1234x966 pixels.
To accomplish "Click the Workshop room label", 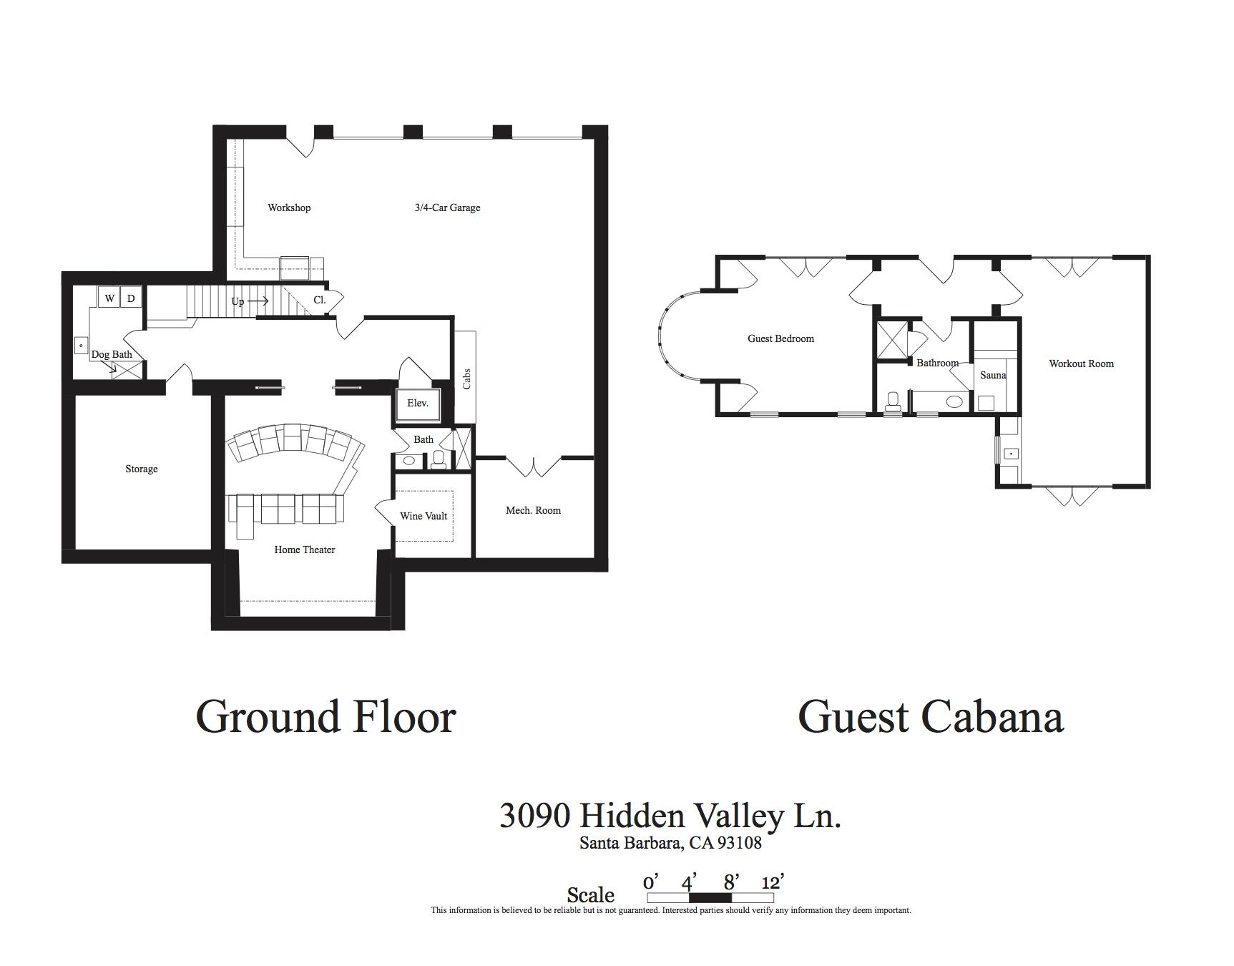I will (x=289, y=208).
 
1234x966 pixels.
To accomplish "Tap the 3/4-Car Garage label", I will (x=447, y=208).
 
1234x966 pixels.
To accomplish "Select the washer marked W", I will (x=109, y=298).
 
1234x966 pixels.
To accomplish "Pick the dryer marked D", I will (x=131, y=298).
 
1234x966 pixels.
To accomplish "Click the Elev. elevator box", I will (x=418, y=404).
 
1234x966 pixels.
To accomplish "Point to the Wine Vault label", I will (x=423, y=516).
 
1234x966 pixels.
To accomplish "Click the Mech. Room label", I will (x=533, y=510).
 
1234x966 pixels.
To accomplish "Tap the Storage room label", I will (x=141, y=469).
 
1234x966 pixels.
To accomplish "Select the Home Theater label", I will (x=305, y=550).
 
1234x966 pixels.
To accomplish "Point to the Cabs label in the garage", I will (x=467, y=379).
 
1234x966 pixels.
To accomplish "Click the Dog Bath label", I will (x=112, y=354).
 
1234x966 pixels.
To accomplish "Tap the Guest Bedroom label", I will (x=780, y=338).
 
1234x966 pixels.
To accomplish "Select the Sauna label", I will (x=993, y=375).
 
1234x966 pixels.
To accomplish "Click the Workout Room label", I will (x=1081, y=364).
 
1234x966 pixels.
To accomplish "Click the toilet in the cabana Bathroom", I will (x=893, y=401).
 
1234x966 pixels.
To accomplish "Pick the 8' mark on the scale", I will (x=729, y=882).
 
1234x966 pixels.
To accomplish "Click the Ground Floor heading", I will (x=325, y=717).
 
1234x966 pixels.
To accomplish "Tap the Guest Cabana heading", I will (x=931, y=717).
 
